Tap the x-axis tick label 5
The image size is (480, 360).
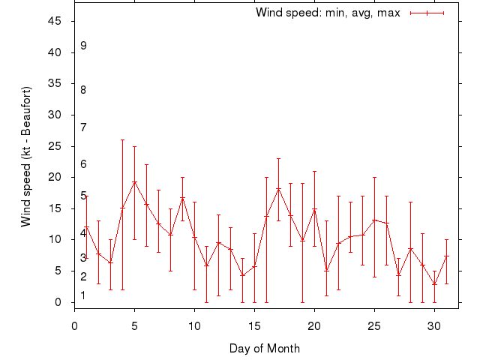(135, 326)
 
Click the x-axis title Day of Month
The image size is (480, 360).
(265, 348)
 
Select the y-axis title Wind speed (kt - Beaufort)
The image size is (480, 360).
(26, 156)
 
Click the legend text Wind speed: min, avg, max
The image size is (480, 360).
(328, 13)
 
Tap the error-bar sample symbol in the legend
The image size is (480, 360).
(427, 13)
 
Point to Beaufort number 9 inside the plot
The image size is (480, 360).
(83, 46)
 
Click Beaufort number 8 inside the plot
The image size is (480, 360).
(83, 90)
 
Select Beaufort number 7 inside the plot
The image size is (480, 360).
(83, 127)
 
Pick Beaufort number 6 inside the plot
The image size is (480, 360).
(83, 164)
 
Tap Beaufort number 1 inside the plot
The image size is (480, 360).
(83, 295)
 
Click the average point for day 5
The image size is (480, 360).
(135, 182)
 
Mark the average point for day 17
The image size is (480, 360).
(278, 189)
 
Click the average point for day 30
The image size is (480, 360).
(434, 284)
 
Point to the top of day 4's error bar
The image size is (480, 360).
(123, 139)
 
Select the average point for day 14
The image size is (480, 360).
(242, 275)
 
